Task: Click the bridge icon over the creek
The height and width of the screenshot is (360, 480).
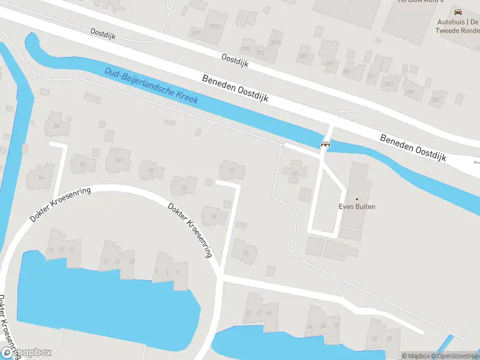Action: [326, 144]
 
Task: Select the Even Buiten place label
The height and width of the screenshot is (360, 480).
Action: [356, 206]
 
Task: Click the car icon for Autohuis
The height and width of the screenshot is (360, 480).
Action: [458, 12]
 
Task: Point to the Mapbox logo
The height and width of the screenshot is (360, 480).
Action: [26, 353]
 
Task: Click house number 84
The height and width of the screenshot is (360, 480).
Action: [57, 125]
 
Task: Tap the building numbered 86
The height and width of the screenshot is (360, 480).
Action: [41, 178]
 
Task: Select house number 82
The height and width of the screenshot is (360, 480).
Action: [83, 164]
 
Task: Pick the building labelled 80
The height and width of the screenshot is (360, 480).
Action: [118, 160]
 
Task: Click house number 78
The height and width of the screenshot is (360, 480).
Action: [151, 171]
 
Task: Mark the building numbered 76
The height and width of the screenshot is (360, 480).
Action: [184, 188]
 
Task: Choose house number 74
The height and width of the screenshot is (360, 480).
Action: [213, 216]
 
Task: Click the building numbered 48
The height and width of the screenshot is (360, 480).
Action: [294, 173]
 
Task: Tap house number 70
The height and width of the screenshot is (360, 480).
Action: [245, 253]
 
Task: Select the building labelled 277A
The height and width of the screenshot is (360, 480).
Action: [214, 26]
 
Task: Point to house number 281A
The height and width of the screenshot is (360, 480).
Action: [275, 43]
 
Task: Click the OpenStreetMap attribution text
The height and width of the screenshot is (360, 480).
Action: [454, 356]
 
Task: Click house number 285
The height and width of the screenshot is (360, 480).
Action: [329, 62]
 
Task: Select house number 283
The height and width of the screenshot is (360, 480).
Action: [302, 56]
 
